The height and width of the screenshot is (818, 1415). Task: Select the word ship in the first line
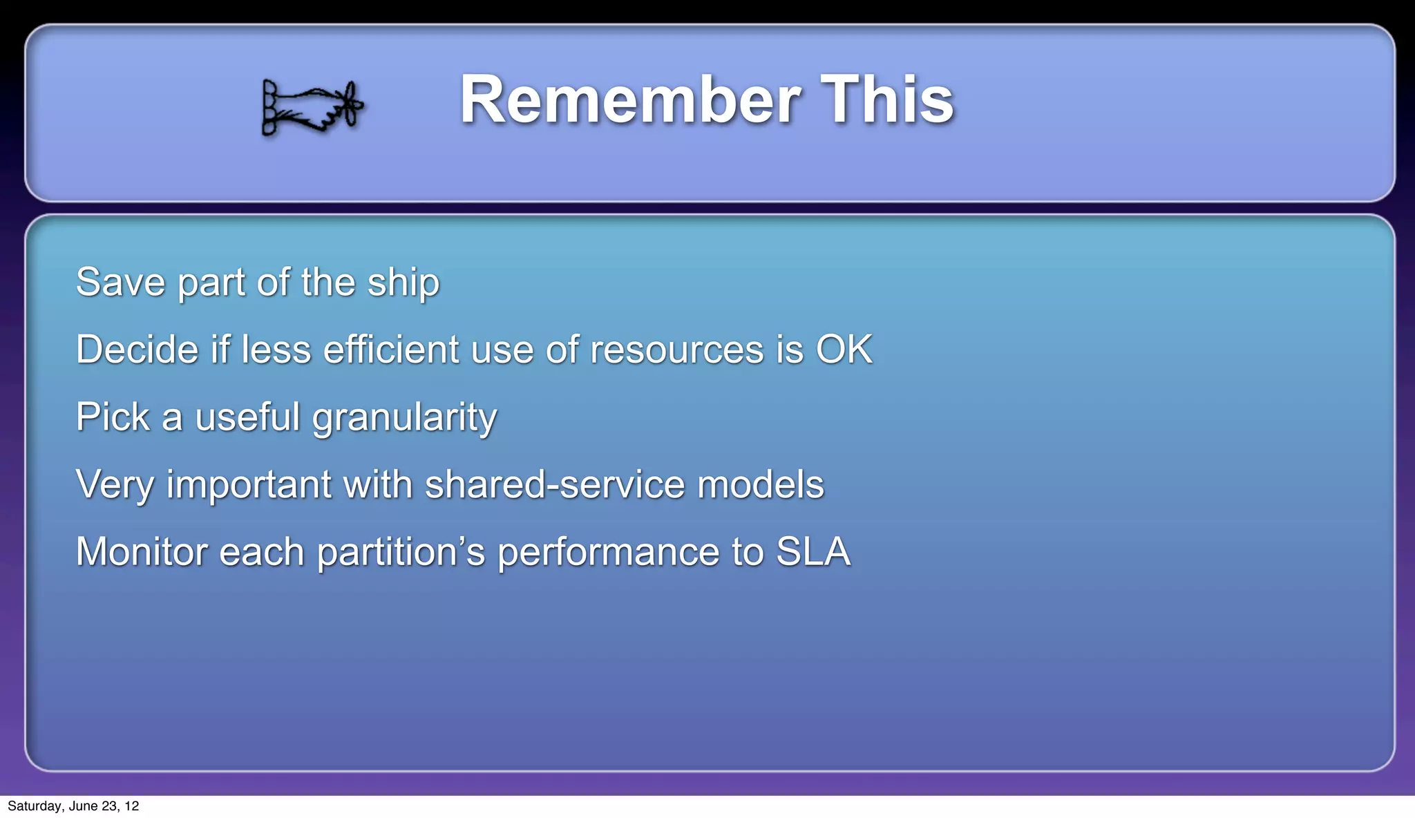tap(403, 283)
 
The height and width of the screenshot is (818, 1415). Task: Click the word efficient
tap(392, 350)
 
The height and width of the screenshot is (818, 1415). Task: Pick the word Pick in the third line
tap(113, 417)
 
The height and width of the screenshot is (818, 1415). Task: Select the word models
tap(760, 485)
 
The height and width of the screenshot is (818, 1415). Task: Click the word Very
tap(115, 485)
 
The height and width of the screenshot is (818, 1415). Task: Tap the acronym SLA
tap(813, 552)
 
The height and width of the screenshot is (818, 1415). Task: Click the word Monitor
tap(142, 552)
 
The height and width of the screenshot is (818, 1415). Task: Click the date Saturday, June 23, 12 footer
tap(73, 806)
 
